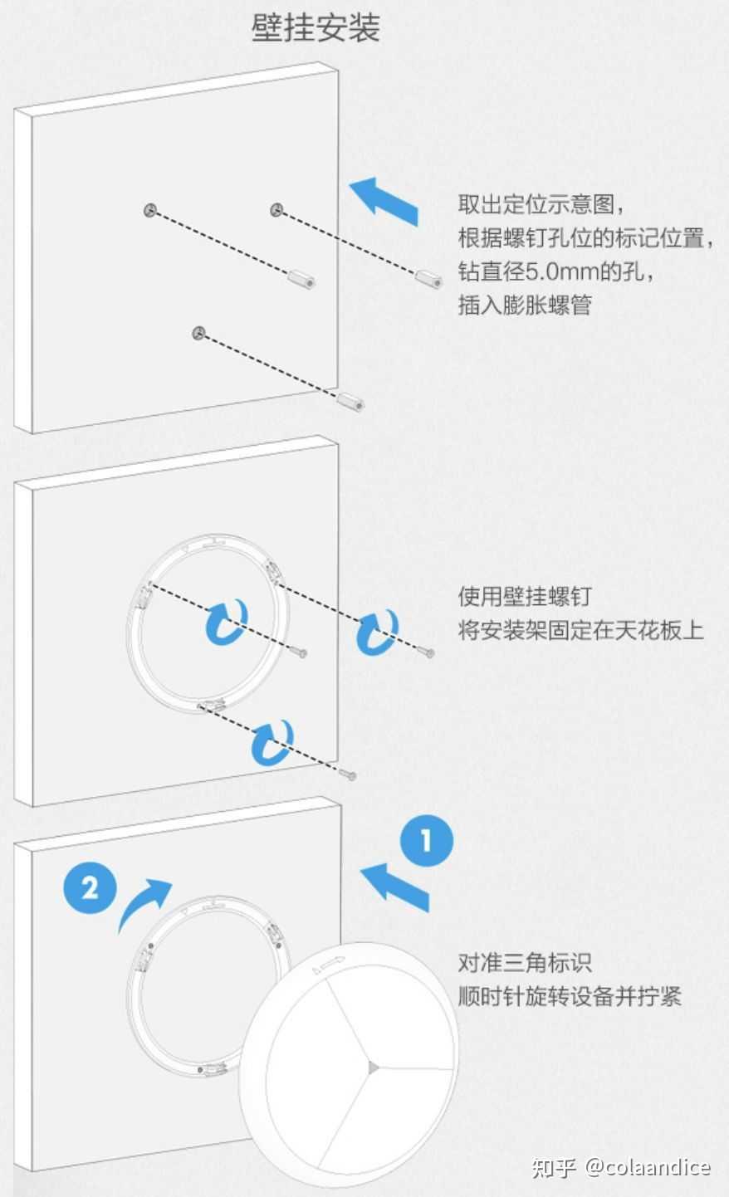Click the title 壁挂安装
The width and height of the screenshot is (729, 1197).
tap(316, 28)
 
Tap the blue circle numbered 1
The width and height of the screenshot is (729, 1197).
tap(427, 842)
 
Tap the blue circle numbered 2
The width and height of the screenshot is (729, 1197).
tap(90, 888)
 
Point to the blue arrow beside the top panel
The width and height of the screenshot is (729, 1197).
tap(384, 199)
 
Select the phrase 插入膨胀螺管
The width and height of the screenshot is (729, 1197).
tap(525, 305)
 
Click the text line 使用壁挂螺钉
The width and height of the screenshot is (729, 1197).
tap(525, 596)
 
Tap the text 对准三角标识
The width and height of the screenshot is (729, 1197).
tap(525, 963)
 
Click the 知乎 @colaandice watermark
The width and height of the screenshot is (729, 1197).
tap(621, 1167)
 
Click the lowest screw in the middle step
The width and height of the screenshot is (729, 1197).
tap(348, 774)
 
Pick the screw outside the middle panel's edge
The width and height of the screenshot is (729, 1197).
tap(428, 654)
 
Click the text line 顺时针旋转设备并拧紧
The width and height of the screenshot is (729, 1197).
tap(570, 996)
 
